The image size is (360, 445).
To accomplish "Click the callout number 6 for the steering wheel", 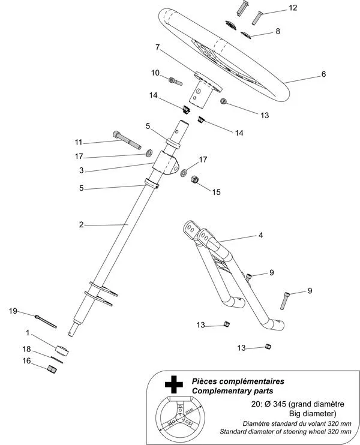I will tap(323, 74).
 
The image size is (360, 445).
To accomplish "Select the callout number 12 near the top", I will tap(292, 8).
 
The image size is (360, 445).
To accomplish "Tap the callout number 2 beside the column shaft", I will tap(80, 225).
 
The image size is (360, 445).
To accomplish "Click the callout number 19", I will tap(13, 311).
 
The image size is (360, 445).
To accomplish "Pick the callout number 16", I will tap(26, 360).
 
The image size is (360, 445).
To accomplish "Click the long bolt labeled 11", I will tap(125, 141).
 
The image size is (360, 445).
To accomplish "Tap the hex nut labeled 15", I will tap(194, 180).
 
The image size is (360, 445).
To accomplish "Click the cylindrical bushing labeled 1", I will tap(62, 350).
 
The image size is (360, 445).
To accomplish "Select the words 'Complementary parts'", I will tap(230, 391).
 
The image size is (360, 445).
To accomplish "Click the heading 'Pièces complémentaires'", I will tap(238, 381).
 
